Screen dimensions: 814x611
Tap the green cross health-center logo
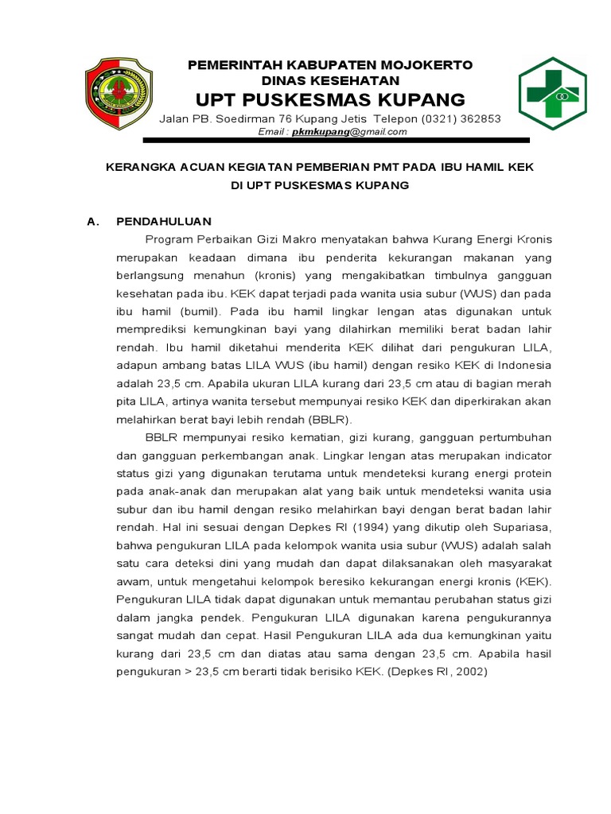tap(552, 93)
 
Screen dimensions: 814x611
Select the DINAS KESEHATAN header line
tap(330, 80)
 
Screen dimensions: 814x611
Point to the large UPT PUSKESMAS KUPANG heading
tap(330, 100)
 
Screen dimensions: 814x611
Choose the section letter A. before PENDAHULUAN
tap(94, 222)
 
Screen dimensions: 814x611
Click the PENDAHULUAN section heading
tap(164, 222)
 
